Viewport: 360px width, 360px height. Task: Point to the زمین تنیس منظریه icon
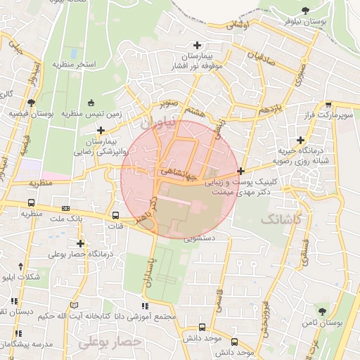90,103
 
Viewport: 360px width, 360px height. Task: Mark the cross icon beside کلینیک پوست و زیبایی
241,171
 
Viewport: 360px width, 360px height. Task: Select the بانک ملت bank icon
66,209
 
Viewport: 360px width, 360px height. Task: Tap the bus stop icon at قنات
116,216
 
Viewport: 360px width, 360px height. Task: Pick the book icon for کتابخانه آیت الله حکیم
75,306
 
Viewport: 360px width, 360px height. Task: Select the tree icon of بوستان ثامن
323,311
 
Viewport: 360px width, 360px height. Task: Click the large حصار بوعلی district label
110,342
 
